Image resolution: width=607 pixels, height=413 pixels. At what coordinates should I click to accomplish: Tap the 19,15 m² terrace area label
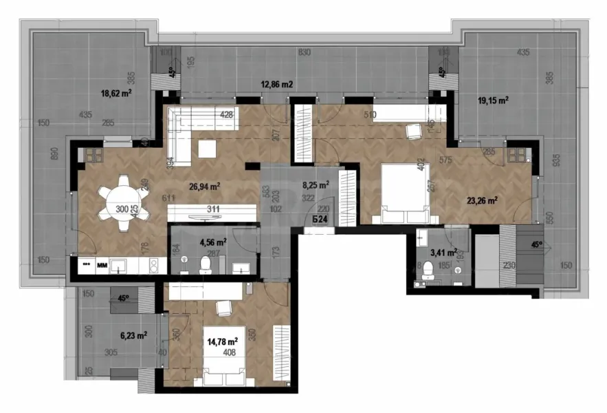tap(493, 100)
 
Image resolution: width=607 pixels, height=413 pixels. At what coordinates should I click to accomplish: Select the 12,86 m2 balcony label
tap(277, 85)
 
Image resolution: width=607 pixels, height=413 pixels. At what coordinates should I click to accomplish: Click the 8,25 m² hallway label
tap(316, 184)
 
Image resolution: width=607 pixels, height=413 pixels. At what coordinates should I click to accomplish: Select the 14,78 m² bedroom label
tap(223, 340)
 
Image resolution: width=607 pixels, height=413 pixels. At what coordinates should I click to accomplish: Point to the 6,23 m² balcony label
tap(133, 336)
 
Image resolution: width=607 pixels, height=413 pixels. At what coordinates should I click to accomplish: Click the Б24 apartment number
tap(318, 220)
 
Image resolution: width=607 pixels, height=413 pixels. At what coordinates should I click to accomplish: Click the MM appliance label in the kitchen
tap(101, 264)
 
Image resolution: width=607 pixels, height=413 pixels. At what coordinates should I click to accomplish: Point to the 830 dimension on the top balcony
tap(305, 52)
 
